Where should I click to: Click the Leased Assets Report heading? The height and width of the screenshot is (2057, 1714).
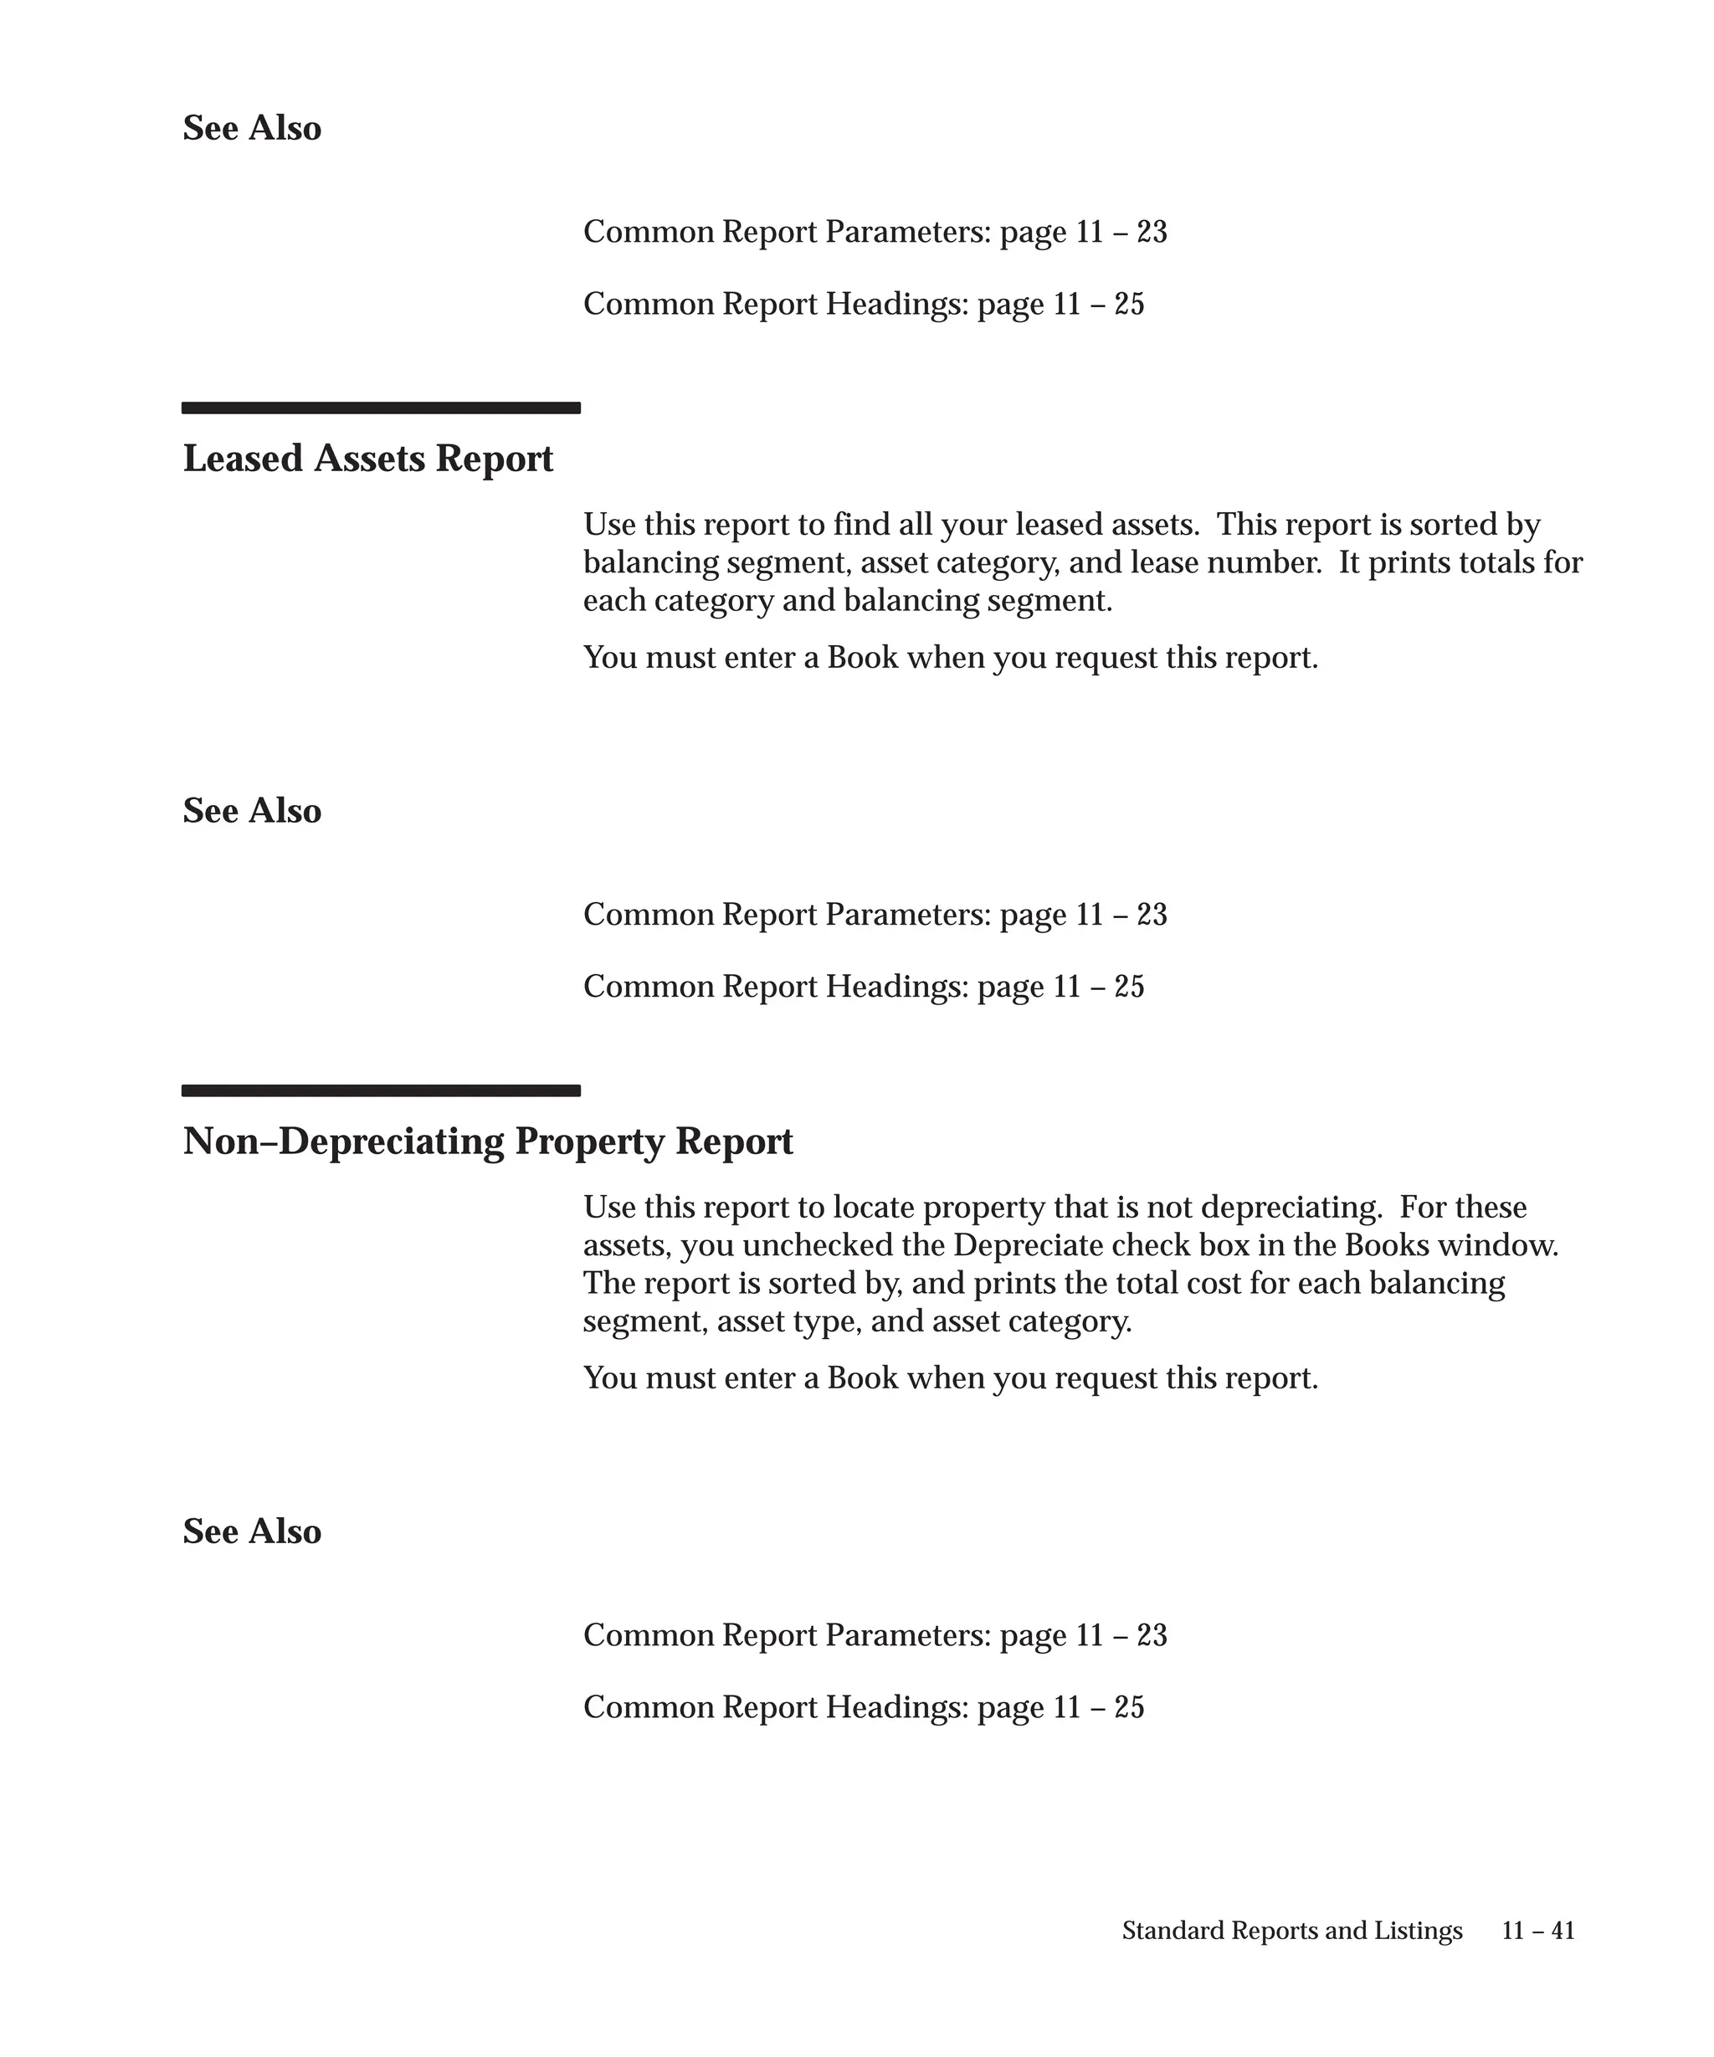(367, 459)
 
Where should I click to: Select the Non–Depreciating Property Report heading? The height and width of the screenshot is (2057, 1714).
(487, 1141)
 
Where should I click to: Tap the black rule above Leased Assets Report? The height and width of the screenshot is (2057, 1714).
(381, 408)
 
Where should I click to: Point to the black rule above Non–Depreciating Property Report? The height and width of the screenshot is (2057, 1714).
(381, 1090)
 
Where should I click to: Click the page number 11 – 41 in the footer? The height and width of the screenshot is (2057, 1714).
(1537, 1930)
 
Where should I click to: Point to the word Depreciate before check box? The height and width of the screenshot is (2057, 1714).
(1016, 1246)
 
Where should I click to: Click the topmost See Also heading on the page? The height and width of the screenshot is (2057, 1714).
(252, 128)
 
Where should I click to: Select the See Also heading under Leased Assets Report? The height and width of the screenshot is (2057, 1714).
(252, 811)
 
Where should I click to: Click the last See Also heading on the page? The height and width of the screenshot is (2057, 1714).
(252, 1532)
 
